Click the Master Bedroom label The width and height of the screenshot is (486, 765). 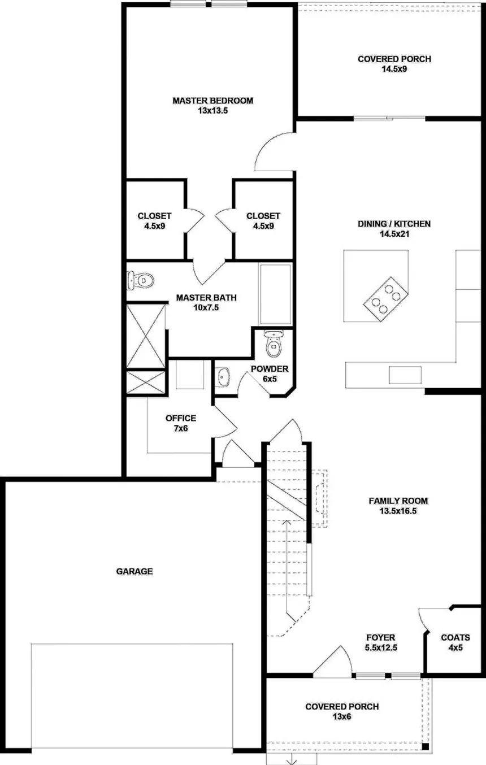pyautogui.click(x=212, y=101)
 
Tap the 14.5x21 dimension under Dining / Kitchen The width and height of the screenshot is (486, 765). pyautogui.click(x=394, y=234)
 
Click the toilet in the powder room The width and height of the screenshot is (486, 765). pyautogui.click(x=274, y=342)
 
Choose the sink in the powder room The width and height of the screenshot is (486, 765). pyautogui.click(x=223, y=376)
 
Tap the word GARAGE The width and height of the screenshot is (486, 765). pyautogui.click(x=134, y=571)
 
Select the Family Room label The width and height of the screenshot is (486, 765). pyautogui.click(x=398, y=501)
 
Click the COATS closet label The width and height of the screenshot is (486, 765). pyautogui.click(x=455, y=637)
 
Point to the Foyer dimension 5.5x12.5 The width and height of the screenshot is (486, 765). pyautogui.click(x=381, y=648)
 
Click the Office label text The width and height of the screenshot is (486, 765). pyautogui.click(x=181, y=418)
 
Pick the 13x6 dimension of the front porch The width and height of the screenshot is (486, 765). pyautogui.click(x=342, y=717)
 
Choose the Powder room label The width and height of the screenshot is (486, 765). pyautogui.click(x=270, y=369)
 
